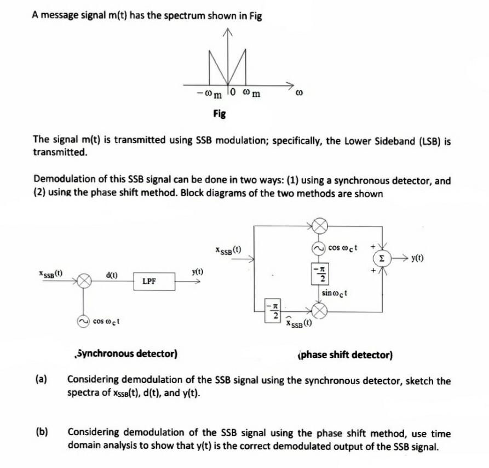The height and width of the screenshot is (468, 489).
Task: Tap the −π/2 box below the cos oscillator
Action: pyautogui.click(x=321, y=272)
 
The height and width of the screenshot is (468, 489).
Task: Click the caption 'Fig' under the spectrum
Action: pyautogui.click(x=220, y=114)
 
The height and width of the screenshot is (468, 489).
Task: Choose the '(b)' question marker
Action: pyautogui.click(x=41, y=433)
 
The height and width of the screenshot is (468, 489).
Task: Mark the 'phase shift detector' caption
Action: pyautogui.click(x=344, y=355)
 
